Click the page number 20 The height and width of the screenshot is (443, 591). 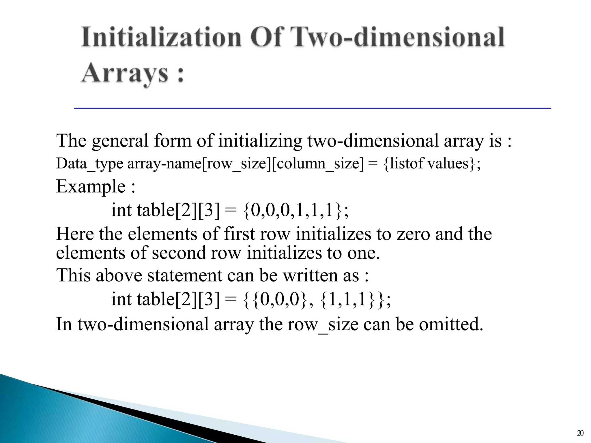(580, 433)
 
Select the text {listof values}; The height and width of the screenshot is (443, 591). (432, 164)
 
